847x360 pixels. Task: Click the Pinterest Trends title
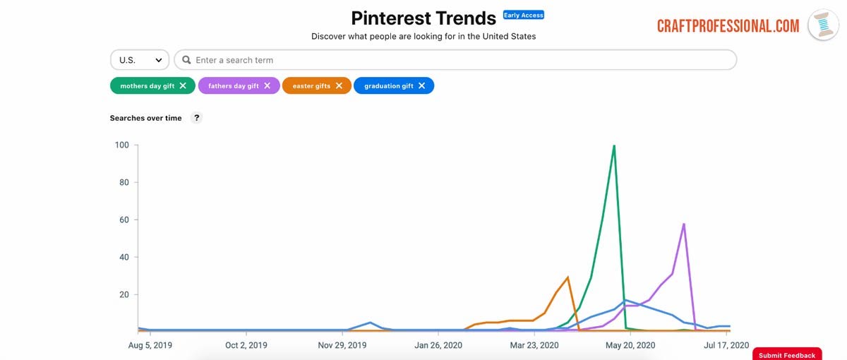click(x=423, y=18)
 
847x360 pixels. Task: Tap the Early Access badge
click(x=523, y=15)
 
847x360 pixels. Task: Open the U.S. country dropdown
click(x=140, y=60)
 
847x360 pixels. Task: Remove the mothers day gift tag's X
click(x=183, y=85)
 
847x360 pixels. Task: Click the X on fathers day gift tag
click(x=267, y=85)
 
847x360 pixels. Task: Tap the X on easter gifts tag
click(x=339, y=85)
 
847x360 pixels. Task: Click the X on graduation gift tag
click(x=421, y=85)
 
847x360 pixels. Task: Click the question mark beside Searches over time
click(x=197, y=118)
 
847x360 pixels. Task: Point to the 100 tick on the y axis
click(x=121, y=145)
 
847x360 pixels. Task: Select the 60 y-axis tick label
click(x=124, y=220)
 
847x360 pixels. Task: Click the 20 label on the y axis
click(x=124, y=294)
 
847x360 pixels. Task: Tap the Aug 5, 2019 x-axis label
click(x=150, y=345)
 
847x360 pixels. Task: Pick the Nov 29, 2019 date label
click(x=342, y=345)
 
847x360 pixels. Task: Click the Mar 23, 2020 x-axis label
click(x=534, y=345)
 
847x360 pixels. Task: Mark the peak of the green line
click(x=614, y=146)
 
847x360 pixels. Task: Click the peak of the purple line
click(x=684, y=224)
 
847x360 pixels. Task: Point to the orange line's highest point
click(x=567, y=277)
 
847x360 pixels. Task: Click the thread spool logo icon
click(x=823, y=25)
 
